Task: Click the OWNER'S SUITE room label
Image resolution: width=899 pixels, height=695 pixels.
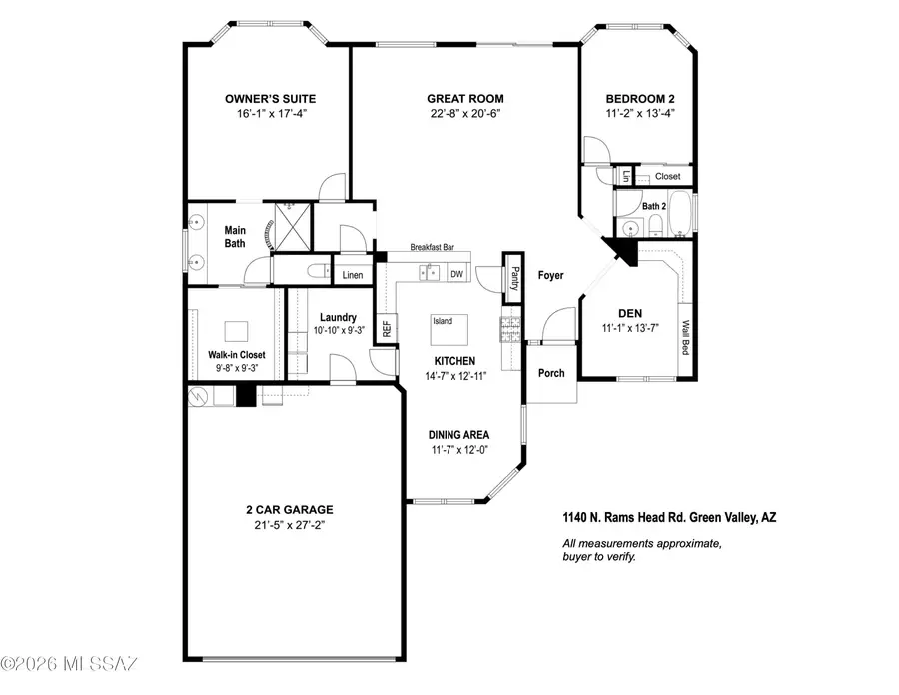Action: tap(270, 99)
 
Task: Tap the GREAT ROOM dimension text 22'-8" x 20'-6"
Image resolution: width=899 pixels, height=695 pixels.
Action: tap(464, 114)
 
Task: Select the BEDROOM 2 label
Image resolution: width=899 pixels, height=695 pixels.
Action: tap(640, 99)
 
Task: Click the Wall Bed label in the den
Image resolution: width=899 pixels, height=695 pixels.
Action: tap(687, 337)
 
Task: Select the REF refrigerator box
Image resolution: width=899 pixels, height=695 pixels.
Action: tap(385, 329)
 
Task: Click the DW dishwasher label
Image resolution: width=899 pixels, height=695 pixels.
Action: tap(456, 273)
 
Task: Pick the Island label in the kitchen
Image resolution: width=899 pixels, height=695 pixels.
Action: tap(443, 321)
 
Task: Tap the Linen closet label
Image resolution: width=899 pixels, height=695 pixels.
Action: tap(352, 274)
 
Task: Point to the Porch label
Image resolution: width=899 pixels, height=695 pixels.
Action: tap(550, 373)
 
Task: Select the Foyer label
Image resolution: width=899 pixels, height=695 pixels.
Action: tap(550, 274)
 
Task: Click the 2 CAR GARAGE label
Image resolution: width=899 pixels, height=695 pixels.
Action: tap(292, 508)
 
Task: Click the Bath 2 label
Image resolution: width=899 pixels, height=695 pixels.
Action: tap(654, 206)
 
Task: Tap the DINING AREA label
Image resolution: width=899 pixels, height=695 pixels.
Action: tap(458, 434)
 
